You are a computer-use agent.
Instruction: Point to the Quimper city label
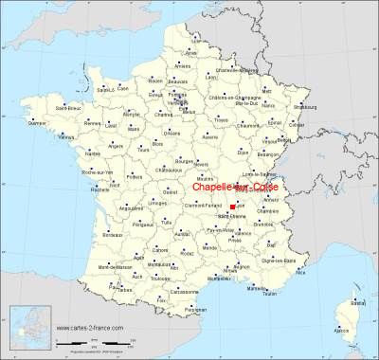[x=38, y=122]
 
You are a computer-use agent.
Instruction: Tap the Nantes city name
[x=93, y=153]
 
